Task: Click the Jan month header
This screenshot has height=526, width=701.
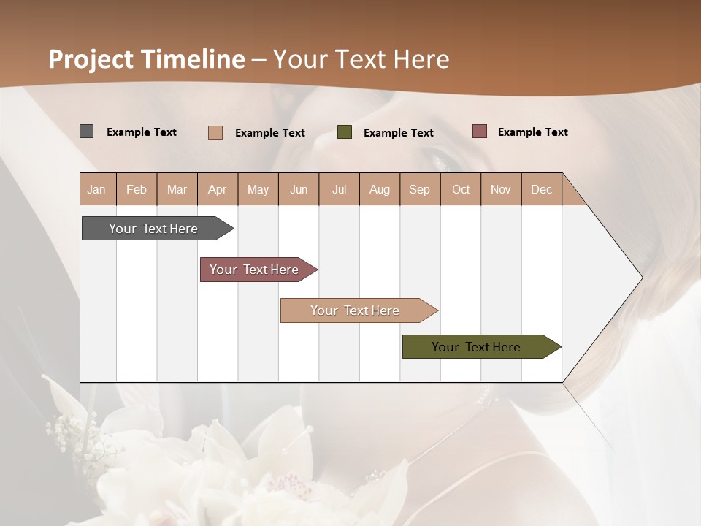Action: pyautogui.click(x=97, y=189)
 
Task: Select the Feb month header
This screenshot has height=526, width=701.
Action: pyautogui.click(x=137, y=189)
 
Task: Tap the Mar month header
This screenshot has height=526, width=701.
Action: pyautogui.click(x=177, y=189)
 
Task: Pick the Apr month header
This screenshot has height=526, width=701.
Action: pyautogui.click(x=218, y=189)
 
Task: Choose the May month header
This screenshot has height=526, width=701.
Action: pyautogui.click(x=258, y=189)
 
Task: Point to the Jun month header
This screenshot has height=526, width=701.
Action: pyautogui.click(x=299, y=189)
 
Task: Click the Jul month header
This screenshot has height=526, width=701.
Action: pyautogui.click(x=339, y=189)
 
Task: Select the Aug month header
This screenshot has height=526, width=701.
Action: pyautogui.click(x=380, y=189)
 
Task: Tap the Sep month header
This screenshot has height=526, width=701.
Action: pyautogui.click(x=420, y=189)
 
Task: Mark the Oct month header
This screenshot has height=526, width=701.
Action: pyautogui.click(x=461, y=189)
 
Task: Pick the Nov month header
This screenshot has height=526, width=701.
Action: pyautogui.click(x=501, y=189)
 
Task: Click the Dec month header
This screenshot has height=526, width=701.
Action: pyautogui.click(x=542, y=189)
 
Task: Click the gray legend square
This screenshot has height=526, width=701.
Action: pyautogui.click(x=87, y=131)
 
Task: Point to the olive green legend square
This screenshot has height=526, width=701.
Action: pyautogui.click(x=345, y=132)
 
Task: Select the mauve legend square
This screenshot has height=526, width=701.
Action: pyautogui.click(x=480, y=131)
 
